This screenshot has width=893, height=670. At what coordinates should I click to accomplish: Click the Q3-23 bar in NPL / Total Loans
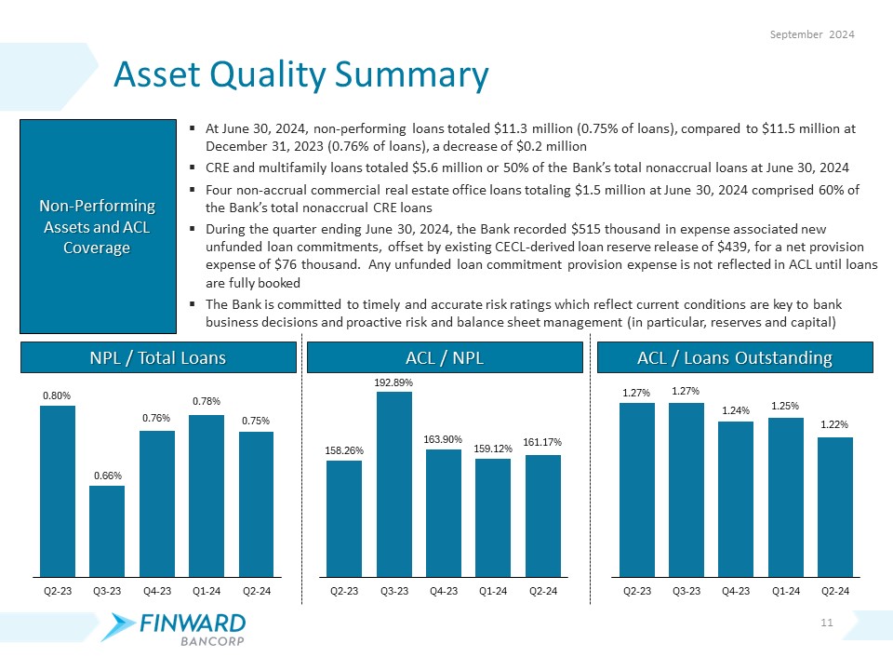tap(107, 530)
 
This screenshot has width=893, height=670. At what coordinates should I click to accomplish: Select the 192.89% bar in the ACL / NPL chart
tap(394, 484)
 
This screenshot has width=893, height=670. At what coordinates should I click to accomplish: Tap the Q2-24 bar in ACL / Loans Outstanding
tap(835, 507)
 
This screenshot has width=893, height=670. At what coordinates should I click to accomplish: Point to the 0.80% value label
tap(57, 395)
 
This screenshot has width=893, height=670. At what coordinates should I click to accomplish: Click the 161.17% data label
tap(543, 441)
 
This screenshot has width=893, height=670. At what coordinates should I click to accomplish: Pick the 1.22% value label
tap(835, 424)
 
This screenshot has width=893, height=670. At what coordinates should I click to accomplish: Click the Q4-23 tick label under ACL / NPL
tap(444, 590)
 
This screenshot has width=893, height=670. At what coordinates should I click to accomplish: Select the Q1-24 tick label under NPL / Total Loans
tap(207, 590)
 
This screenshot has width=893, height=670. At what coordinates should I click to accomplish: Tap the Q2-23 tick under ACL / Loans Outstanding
tap(637, 590)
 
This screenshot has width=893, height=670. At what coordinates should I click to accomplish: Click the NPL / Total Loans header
tap(157, 357)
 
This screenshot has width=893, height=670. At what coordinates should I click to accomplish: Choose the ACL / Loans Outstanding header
tap(734, 357)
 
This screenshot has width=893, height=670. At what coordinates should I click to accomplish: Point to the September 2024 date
tap(814, 34)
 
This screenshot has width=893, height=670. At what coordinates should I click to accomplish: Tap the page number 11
tap(826, 622)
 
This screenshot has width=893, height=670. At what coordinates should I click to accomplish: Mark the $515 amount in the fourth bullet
tap(588, 229)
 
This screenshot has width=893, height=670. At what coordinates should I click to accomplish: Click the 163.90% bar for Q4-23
tap(444, 513)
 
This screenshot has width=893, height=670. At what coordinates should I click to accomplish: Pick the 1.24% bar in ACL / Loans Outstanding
tap(736, 499)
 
